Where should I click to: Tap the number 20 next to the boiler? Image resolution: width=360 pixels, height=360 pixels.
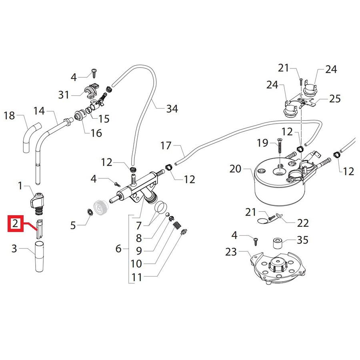236,169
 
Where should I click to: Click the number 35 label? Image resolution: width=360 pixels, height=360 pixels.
302,240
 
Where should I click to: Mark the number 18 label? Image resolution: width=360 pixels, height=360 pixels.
9,116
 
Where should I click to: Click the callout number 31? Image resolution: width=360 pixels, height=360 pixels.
64,95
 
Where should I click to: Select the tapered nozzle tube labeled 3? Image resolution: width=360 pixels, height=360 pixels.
41,259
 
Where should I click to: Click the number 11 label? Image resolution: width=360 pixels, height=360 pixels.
137,277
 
